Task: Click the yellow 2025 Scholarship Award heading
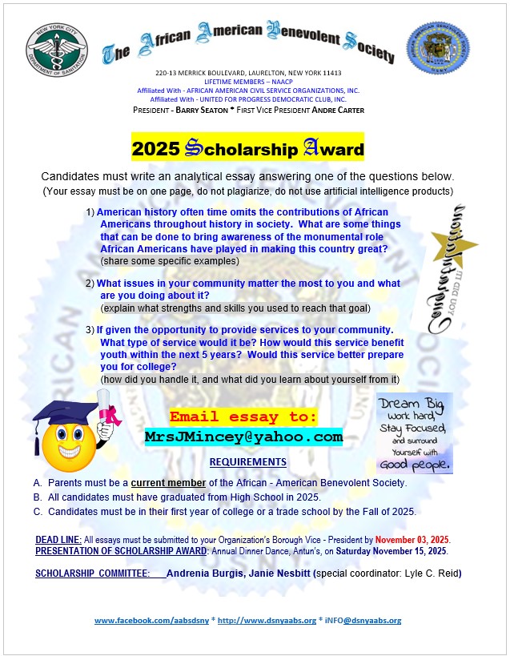(x=247, y=148)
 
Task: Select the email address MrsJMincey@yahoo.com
(x=243, y=437)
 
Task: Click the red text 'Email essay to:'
(x=243, y=417)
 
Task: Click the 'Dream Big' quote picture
(x=414, y=433)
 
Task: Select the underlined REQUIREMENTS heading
(x=247, y=462)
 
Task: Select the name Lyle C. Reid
(x=430, y=573)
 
